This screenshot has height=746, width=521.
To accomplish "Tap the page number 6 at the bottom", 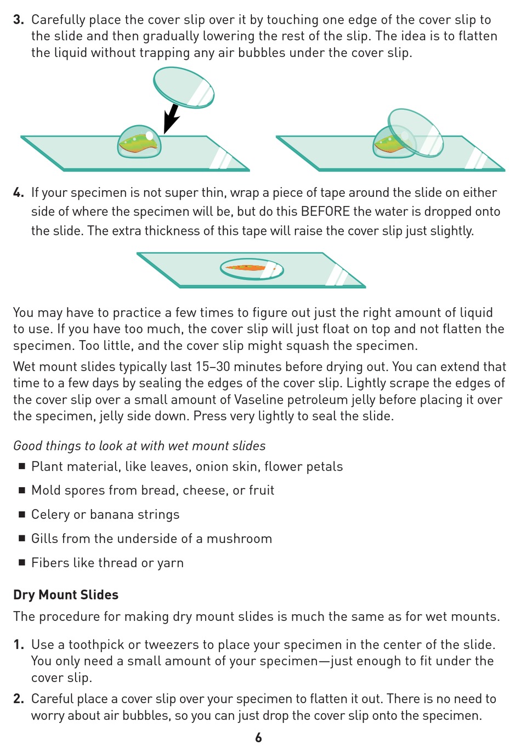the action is tap(259, 737).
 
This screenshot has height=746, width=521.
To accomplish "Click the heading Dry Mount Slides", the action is tap(66, 595).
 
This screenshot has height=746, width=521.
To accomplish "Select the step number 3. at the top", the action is tap(19, 20).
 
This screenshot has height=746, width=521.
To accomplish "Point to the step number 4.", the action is tap(19, 193).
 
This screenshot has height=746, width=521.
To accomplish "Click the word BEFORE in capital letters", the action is tap(325, 212).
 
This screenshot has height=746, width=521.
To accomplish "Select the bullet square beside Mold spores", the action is tap(22, 490).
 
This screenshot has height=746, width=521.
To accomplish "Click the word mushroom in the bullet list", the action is tap(239, 539).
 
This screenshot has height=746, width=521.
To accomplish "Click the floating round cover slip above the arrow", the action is tap(184, 87).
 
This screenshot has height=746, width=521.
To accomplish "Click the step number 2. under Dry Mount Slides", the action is tap(19, 699).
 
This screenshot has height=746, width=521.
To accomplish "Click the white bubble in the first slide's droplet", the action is tap(149, 135).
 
